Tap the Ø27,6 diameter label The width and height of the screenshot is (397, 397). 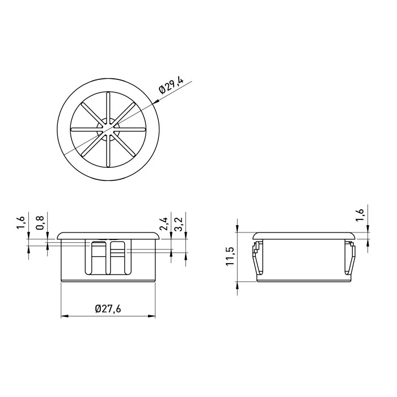(108, 309)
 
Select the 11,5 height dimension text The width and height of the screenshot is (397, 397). (230, 256)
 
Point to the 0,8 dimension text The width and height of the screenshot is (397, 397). (40, 223)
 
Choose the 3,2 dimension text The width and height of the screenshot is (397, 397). (179, 224)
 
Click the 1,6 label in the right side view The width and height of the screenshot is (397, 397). (360, 215)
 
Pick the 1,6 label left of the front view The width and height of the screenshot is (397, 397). (21, 223)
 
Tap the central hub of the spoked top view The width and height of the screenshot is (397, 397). (108, 129)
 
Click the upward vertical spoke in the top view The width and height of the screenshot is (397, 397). (108, 108)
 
